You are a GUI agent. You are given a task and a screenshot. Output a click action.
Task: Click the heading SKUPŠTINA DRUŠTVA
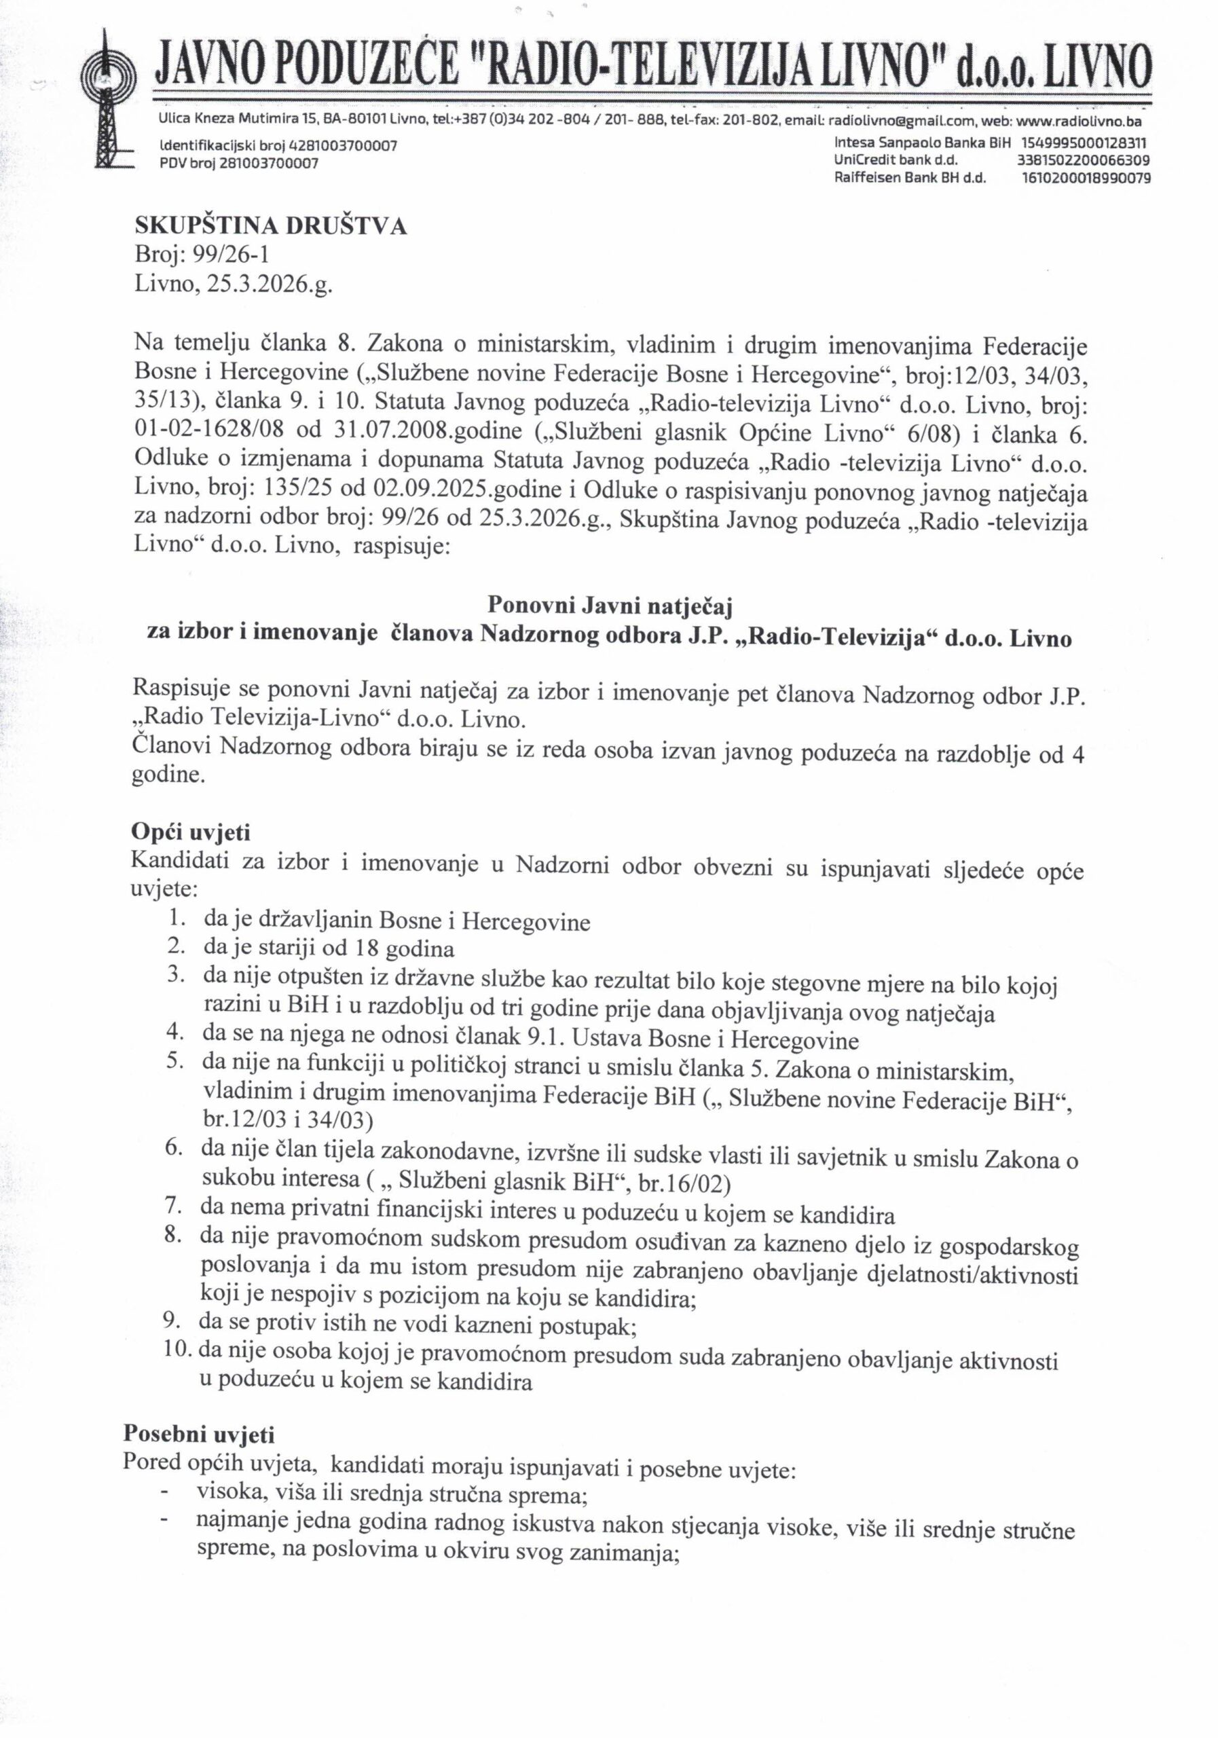(270, 226)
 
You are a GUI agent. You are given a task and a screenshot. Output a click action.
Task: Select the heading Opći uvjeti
(190, 832)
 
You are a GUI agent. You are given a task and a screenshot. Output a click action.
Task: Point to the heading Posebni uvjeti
(199, 1434)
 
